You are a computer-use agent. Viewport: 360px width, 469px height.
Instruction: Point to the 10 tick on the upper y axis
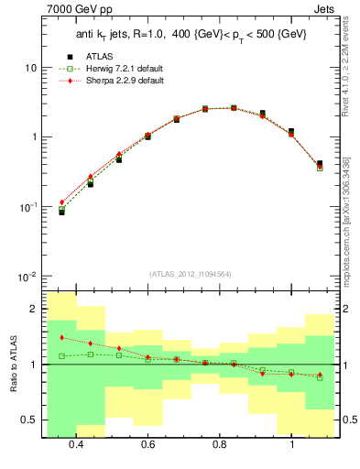[x=31, y=69]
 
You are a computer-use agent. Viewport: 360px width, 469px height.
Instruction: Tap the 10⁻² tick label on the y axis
[x=27, y=277]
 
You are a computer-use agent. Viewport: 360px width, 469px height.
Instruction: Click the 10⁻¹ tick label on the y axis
[x=27, y=207]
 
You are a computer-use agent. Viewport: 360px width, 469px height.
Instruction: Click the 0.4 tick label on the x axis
[x=76, y=445]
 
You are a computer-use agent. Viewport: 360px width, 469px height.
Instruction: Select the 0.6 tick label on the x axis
[x=147, y=445]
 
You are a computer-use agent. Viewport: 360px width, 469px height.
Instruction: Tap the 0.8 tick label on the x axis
[x=220, y=445]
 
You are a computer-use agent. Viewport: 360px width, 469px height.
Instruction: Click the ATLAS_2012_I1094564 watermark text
[x=190, y=273]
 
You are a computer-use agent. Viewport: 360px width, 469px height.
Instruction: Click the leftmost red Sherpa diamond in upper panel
[x=62, y=202]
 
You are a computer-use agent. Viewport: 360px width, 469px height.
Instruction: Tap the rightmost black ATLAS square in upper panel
[x=319, y=164]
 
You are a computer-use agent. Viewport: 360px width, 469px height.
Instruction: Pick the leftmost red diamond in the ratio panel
[x=62, y=338]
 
